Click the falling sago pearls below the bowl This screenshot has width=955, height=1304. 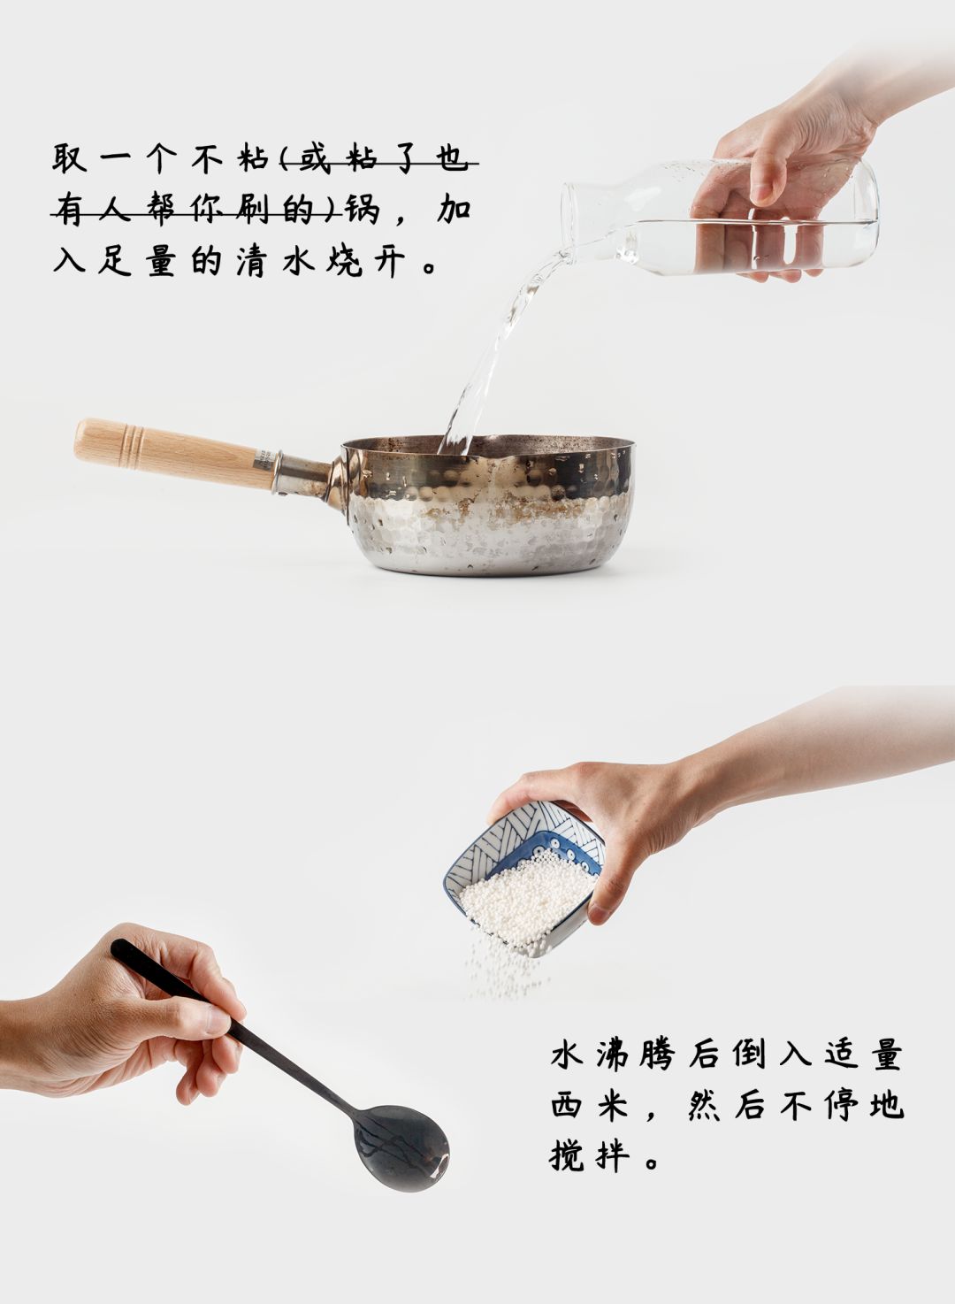(500, 969)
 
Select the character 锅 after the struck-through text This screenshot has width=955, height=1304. (363, 210)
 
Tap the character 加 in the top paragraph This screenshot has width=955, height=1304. (455, 210)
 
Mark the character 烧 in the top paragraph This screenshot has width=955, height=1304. (343, 261)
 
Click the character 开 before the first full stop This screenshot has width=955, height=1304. (389, 261)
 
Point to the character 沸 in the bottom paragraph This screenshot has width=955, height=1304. (613, 1055)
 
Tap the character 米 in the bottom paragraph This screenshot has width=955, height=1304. (613, 1106)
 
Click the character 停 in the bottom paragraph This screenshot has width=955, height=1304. (839, 1106)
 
